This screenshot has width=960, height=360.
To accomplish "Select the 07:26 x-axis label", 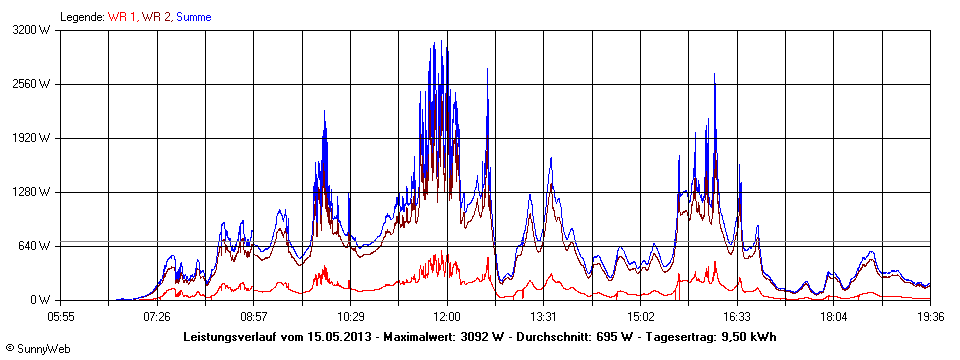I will tap(157, 317).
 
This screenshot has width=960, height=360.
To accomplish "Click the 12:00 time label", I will tap(447, 317).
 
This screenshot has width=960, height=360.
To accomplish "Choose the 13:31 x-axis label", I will tap(543, 317).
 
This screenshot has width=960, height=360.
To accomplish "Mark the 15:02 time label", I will tap(640, 317).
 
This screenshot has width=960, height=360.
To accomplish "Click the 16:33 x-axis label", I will tap(737, 317).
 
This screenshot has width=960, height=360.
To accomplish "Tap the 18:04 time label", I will tap(834, 317).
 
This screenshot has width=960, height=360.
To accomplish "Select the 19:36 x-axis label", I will tap(930, 317).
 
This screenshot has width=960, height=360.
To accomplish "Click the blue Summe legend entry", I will tap(194, 17).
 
